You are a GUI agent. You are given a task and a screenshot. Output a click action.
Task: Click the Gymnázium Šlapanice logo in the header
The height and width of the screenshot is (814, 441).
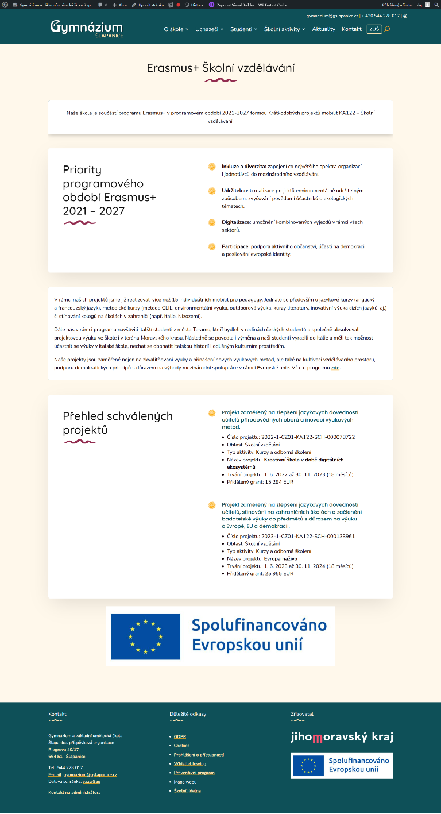pos(86,29)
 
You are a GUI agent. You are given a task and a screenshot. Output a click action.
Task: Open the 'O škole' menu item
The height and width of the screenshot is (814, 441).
pos(175,29)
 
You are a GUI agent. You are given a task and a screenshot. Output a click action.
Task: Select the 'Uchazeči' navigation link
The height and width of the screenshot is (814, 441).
pos(207,29)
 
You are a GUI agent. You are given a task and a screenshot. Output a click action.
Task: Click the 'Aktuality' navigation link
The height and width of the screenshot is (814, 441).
pos(323,29)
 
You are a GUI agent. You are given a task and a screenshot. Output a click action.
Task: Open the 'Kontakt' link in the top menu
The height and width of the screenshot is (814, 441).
pos(351,29)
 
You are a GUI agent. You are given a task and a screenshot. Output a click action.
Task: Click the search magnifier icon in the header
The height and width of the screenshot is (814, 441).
pos(387,29)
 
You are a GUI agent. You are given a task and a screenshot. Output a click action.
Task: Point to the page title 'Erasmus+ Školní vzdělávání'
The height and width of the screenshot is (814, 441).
pos(220,68)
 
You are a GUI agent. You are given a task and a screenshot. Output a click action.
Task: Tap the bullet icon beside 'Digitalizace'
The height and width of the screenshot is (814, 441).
pos(212,222)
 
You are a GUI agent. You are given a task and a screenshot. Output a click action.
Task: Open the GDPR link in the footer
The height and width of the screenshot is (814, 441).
pos(180,736)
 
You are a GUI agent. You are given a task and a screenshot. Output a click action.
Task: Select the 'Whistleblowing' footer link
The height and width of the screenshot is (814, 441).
pos(189,763)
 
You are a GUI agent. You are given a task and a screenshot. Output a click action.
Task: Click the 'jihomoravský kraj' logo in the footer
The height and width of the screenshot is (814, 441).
pos(342,738)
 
